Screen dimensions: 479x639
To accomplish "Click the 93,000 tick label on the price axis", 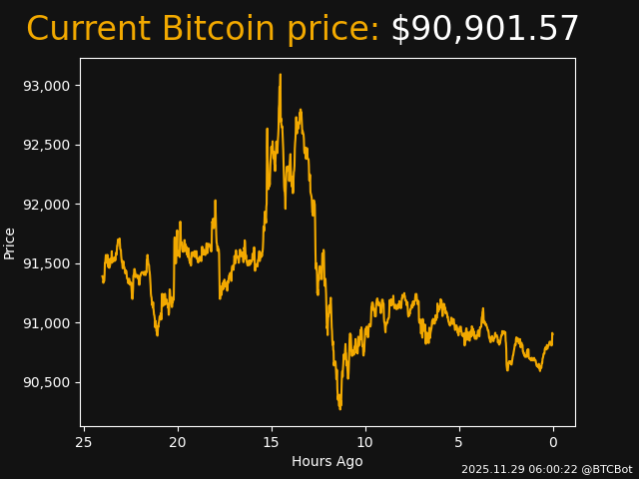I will pos(46,86).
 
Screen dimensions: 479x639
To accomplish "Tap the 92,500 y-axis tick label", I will pos(46,145).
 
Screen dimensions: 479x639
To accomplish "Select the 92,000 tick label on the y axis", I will pos(46,205).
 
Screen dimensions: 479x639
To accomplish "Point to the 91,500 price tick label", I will pos(46,263).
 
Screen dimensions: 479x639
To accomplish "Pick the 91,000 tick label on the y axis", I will pos(46,323).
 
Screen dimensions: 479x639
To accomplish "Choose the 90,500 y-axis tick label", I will pos(46,382).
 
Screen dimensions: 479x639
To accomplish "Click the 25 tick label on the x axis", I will pos(84,442).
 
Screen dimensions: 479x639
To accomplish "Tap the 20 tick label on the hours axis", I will pos(178,442).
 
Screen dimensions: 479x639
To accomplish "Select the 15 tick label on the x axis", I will pos(272,442).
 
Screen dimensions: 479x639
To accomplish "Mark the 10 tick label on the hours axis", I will pos(365,442).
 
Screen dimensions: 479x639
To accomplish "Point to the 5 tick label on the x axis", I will pos(459,442).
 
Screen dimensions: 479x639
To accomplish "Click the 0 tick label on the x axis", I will pos(553,442).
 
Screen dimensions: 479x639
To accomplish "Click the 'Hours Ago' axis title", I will pos(327,461).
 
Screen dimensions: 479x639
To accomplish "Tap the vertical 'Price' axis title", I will pos(10,242).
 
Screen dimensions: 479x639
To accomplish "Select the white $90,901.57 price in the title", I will pos(484,30).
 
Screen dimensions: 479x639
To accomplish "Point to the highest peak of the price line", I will pos(281,75).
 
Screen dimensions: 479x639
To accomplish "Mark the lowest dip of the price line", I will pos(339,408).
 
